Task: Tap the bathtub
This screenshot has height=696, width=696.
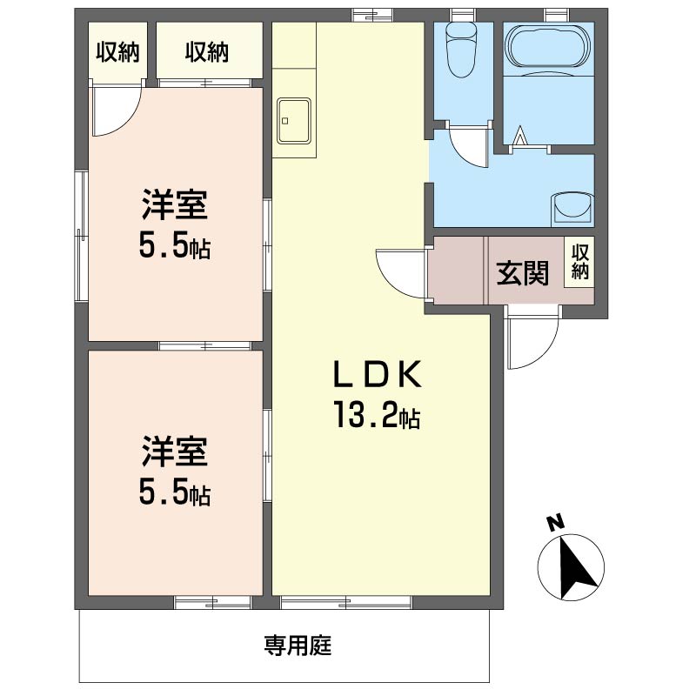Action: (548, 47)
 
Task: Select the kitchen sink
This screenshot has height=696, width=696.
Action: (293, 121)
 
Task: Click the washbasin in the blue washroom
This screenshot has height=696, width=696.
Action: (572, 207)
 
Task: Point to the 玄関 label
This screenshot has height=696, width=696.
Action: (523, 272)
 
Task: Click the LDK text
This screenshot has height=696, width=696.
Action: (377, 375)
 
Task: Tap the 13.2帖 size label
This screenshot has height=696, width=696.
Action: (377, 415)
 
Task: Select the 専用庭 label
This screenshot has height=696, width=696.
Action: (298, 645)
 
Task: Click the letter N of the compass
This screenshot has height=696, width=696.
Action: (555, 524)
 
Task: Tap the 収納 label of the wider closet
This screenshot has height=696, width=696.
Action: (207, 52)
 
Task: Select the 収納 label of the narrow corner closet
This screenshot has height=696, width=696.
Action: (117, 52)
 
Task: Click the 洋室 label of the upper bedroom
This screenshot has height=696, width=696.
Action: (175, 205)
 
